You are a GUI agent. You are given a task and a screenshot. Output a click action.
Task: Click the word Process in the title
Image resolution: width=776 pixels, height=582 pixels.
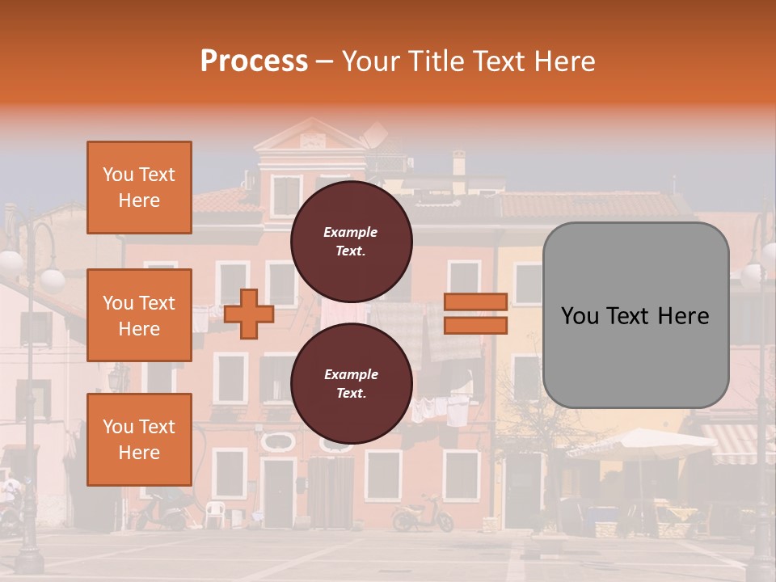point(254,61)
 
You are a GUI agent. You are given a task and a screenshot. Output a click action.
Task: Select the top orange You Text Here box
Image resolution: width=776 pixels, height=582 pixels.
point(139,188)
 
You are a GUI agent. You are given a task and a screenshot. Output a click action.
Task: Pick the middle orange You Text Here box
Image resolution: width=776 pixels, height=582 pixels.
point(139,315)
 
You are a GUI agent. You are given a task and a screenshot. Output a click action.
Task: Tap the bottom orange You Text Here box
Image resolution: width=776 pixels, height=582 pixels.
point(139,439)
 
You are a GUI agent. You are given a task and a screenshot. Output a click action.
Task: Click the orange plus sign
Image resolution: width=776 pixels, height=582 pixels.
point(248,314)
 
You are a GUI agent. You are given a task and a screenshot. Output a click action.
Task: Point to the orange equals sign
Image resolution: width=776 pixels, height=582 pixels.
point(476,314)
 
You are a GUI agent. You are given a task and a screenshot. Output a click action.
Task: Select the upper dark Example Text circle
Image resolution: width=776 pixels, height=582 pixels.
point(351,241)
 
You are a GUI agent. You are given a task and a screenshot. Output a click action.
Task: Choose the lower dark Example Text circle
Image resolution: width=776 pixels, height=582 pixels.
point(351,383)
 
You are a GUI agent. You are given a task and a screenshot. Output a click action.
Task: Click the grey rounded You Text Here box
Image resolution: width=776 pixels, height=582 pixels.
point(635,315)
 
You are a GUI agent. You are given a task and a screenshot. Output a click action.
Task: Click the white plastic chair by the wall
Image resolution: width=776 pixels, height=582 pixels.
point(213,514)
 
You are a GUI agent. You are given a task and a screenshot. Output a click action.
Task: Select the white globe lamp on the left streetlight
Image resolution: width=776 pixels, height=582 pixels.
point(52,280)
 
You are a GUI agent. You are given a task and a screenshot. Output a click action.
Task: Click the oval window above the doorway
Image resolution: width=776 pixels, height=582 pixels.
point(278,441)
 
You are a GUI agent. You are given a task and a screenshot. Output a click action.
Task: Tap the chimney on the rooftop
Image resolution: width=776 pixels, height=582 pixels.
point(459,162)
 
